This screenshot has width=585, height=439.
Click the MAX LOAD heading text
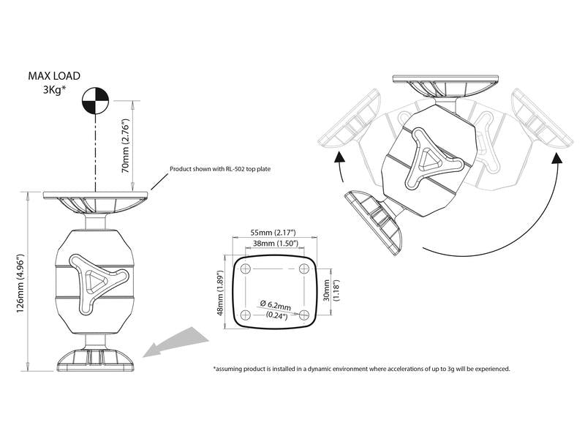(x=54, y=76)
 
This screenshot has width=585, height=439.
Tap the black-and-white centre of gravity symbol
(x=95, y=100)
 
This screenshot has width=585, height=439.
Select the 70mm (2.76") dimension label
(x=125, y=146)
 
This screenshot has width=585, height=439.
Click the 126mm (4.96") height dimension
(x=20, y=284)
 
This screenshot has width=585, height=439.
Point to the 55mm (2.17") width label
(x=273, y=233)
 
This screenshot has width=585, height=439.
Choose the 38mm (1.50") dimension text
(x=276, y=244)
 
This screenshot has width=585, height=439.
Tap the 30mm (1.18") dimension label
(x=331, y=290)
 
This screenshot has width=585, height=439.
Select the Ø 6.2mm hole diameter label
(x=276, y=306)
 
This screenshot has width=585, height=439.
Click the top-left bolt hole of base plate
(x=246, y=269)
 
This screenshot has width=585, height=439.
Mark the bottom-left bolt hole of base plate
(x=246, y=315)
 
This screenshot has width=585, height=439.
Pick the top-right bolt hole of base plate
(x=304, y=269)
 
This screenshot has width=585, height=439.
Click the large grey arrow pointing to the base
(x=175, y=342)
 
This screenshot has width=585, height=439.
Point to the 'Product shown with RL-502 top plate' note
(x=220, y=169)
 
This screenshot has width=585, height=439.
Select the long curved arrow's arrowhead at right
(x=557, y=160)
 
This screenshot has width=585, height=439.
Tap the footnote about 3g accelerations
(x=361, y=369)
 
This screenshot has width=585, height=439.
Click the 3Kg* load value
(x=54, y=90)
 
